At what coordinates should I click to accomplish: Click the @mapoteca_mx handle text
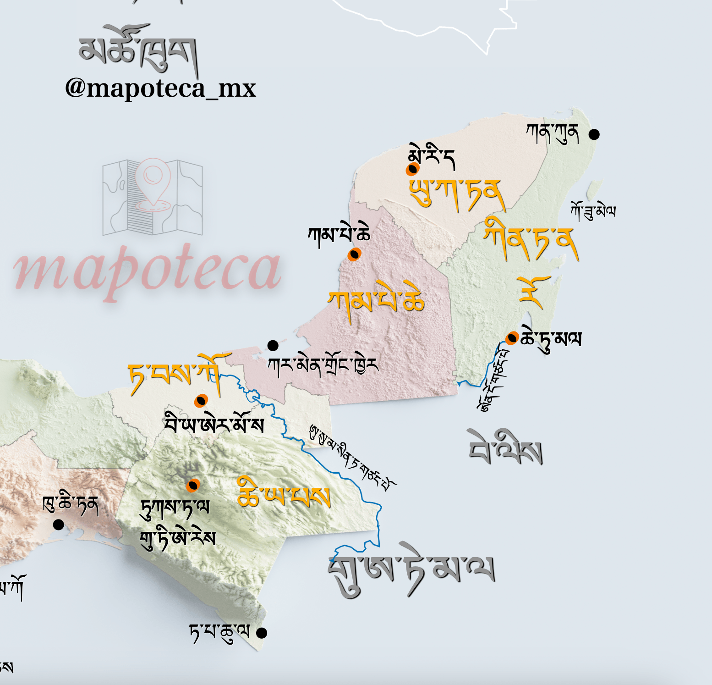click(x=160, y=88)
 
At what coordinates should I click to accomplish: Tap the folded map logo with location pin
click(x=153, y=197)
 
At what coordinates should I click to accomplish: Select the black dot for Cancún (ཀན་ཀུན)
click(x=594, y=134)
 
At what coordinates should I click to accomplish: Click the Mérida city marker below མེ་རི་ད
click(x=412, y=169)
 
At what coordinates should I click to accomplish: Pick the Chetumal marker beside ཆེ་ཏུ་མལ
click(x=512, y=338)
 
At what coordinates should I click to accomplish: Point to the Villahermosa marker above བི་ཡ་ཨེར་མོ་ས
click(x=201, y=401)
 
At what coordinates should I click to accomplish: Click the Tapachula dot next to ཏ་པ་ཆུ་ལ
click(x=262, y=633)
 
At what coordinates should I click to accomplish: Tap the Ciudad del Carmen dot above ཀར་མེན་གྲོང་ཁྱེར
click(x=273, y=345)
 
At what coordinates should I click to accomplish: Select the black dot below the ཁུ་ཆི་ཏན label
click(x=58, y=525)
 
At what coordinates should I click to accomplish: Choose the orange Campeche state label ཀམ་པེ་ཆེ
click(x=376, y=300)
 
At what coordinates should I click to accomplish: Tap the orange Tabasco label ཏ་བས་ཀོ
click(x=179, y=374)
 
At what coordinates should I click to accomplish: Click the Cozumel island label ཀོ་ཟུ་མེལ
click(x=593, y=211)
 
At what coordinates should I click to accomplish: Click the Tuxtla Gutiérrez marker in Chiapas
click(x=193, y=485)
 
